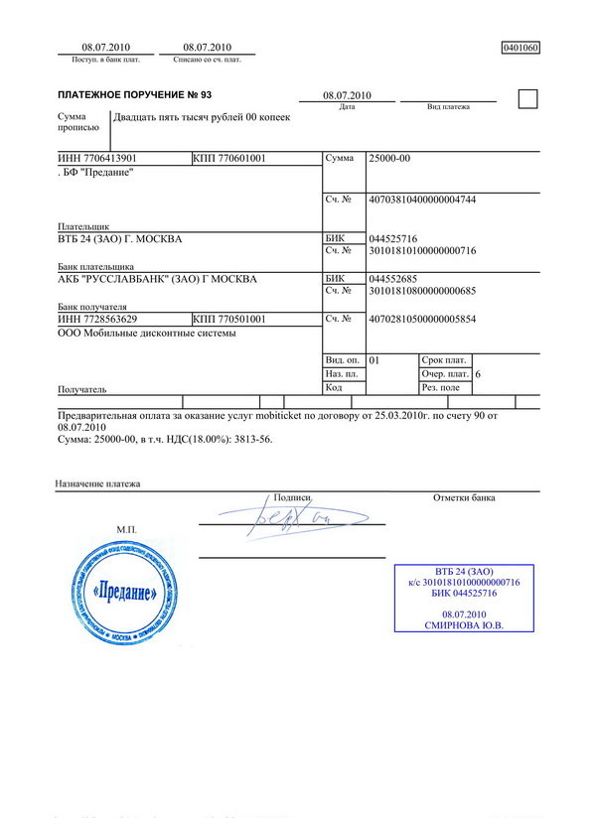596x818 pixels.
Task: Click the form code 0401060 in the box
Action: point(521,48)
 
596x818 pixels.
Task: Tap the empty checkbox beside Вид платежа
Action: point(528,97)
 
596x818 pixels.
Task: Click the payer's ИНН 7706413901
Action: point(97,159)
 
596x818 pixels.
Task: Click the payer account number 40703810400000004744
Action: point(422,201)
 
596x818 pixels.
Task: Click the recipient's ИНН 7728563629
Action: point(97,319)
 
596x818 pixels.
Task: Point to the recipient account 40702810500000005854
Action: point(422,319)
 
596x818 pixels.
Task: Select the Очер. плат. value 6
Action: point(479,374)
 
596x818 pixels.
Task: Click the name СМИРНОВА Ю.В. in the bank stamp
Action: point(464,626)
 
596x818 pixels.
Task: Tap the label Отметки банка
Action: point(464,497)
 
